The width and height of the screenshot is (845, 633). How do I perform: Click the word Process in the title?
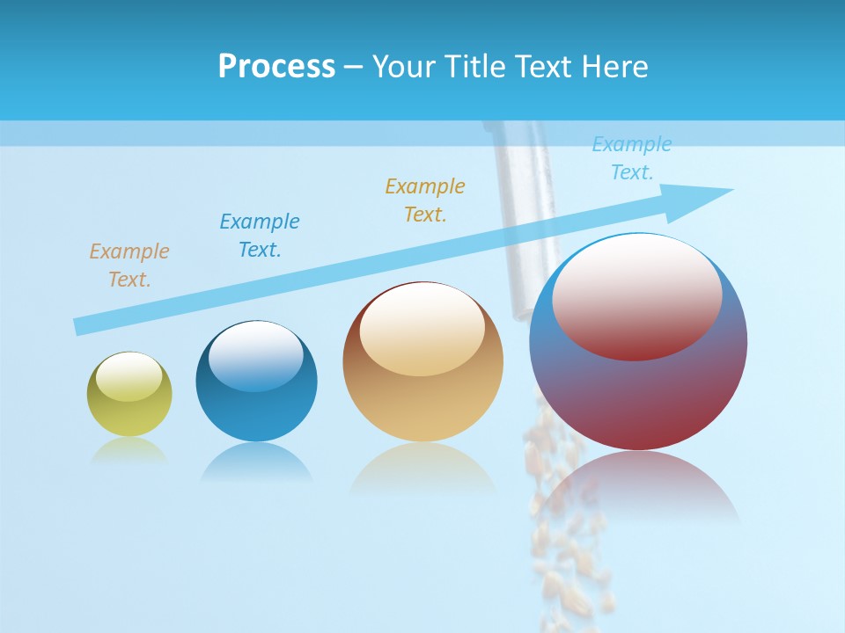(276, 67)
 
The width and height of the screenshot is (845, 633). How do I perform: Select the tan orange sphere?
(422, 387)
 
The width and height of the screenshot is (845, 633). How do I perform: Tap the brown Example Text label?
(129, 266)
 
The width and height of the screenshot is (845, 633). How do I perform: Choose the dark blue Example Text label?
(259, 236)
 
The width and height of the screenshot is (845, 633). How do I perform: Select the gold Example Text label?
(424, 200)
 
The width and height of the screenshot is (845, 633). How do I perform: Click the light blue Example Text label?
(631, 158)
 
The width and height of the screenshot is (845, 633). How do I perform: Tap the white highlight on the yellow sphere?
(129, 376)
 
